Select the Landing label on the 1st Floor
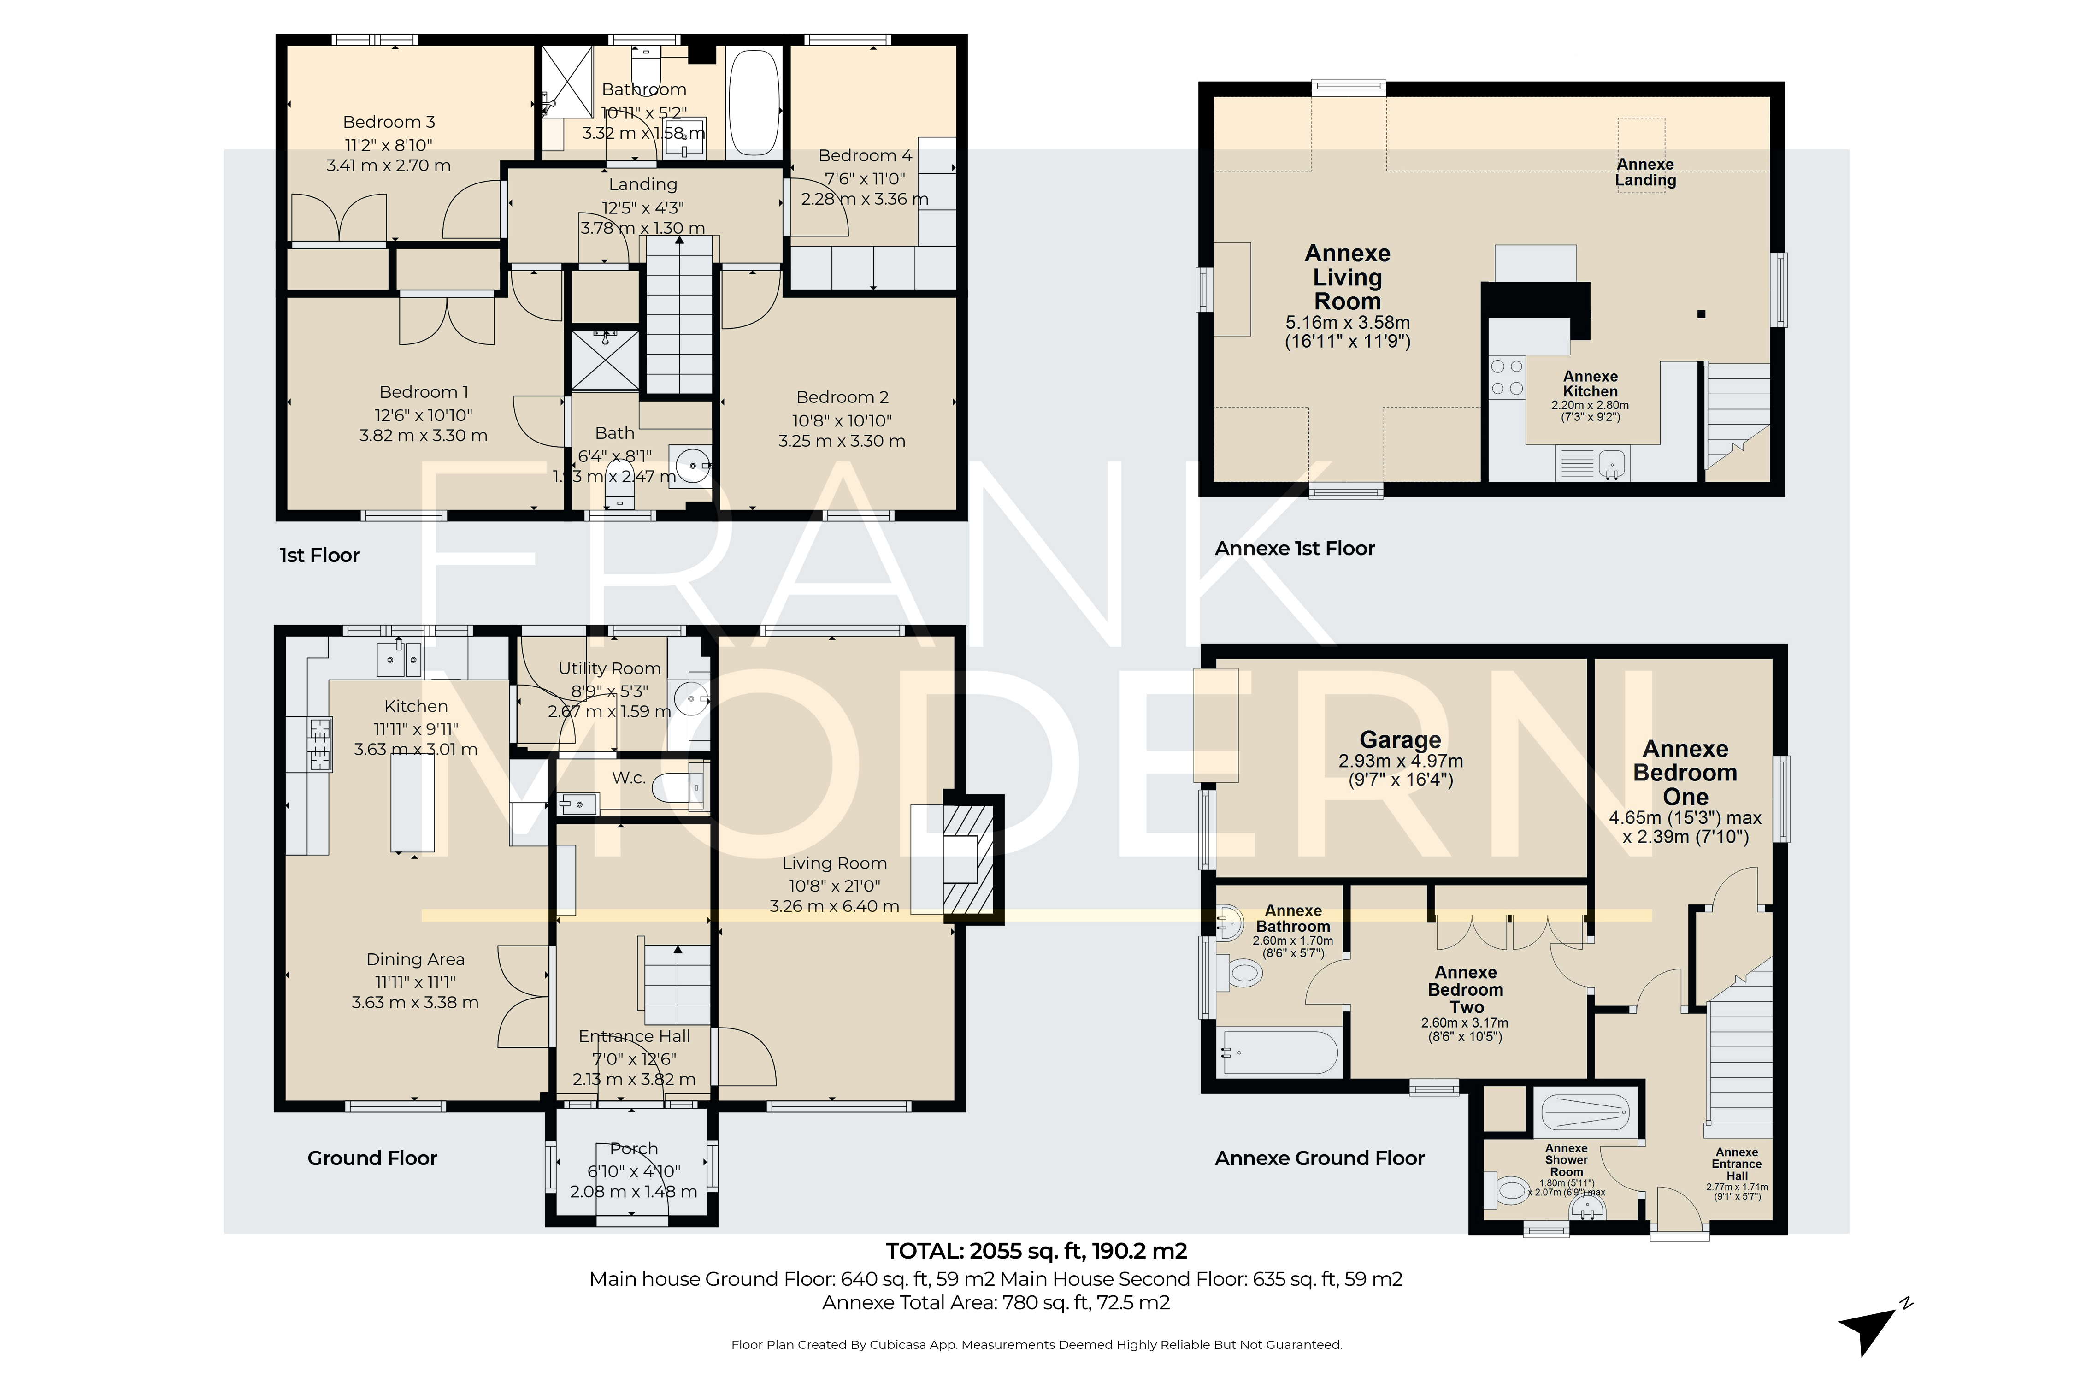click(643, 184)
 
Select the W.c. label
click(629, 778)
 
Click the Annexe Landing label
click(1645, 172)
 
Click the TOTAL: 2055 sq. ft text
click(1036, 1251)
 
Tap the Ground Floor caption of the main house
click(372, 1158)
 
